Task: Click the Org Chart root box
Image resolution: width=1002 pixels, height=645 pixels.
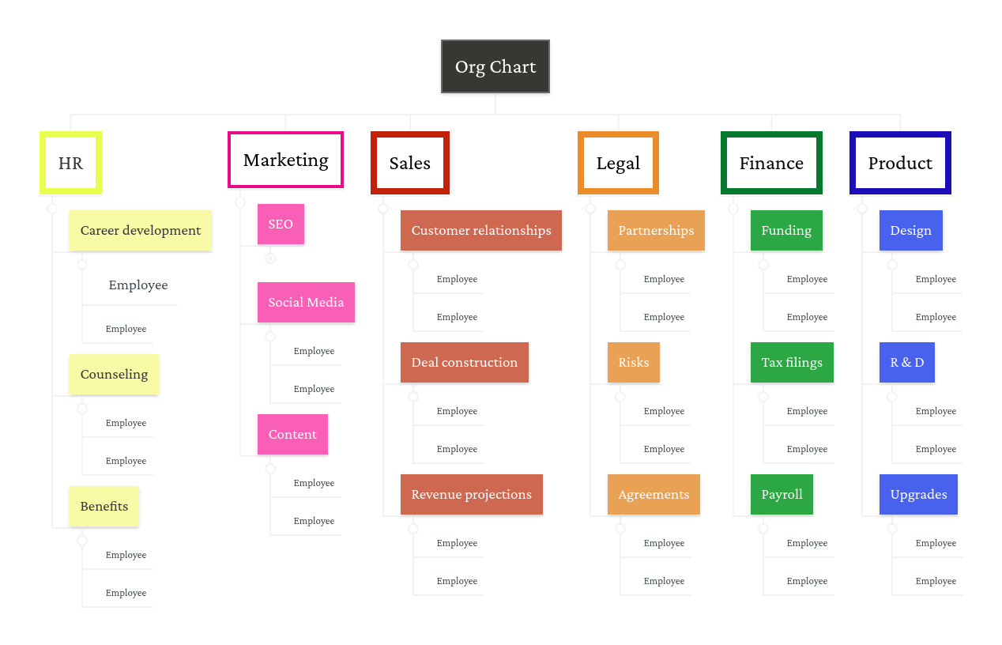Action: coord(495,67)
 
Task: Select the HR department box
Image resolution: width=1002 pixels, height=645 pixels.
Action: coord(70,164)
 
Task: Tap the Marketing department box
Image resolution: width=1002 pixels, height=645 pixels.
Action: coord(285,160)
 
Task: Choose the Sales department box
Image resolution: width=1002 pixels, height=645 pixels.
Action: coord(409,164)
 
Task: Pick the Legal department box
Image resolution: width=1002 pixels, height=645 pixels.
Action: coord(618,164)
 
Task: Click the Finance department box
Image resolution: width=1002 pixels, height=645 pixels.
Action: coord(771,164)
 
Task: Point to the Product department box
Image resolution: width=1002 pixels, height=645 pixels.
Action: coord(900,164)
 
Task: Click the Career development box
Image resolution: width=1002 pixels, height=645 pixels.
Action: coord(141,231)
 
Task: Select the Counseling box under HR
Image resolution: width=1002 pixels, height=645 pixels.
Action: coord(114,375)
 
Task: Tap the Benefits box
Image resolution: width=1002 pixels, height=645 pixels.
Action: coord(104,507)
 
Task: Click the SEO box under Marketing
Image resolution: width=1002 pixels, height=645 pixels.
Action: coord(281,224)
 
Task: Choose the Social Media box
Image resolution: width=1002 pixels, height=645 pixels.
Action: coord(306,303)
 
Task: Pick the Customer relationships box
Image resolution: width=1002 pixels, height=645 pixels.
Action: coord(481,231)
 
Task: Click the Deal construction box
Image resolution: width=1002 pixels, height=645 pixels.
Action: coord(465,363)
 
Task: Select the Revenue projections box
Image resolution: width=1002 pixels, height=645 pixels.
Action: coord(472,495)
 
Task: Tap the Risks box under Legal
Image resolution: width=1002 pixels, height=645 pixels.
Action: coord(634,363)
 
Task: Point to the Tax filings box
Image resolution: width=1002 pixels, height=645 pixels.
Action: coord(792,363)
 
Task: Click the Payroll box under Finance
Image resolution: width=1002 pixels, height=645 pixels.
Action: coord(782,495)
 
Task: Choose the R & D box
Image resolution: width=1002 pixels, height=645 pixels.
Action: coord(907,363)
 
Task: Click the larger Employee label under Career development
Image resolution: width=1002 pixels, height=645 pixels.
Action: coord(138,285)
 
